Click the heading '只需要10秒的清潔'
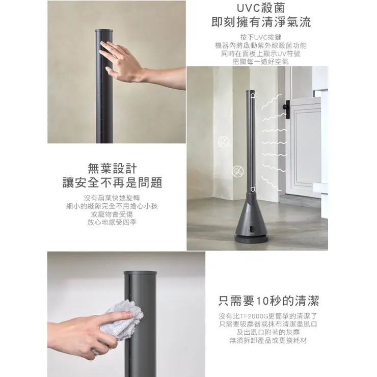coord(268,300)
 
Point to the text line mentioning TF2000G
coord(268,316)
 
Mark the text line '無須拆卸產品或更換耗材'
coord(268,340)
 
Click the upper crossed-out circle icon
coord(223,140)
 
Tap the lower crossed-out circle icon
coord(237,170)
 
